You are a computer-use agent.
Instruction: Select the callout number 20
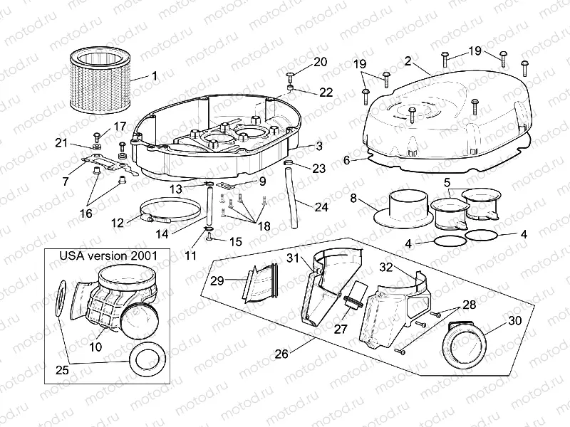[x=321, y=62]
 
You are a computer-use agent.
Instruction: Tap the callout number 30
[x=513, y=321]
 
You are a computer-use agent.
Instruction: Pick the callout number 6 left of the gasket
[x=347, y=162]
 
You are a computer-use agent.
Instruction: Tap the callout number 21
[x=61, y=144]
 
